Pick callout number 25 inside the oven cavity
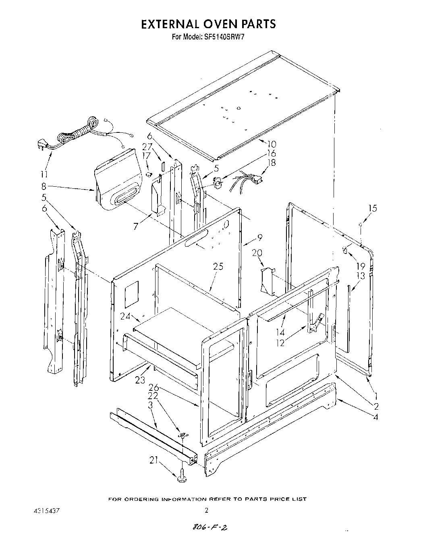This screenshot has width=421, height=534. pyautogui.click(x=218, y=266)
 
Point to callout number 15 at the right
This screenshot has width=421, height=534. pyautogui.click(x=373, y=208)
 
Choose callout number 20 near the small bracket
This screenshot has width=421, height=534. pyautogui.click(x=257, y=253)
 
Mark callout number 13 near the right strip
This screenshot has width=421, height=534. pyautogui.click(x=361, y=275)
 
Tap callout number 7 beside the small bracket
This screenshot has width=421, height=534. pyautogui.click(x=138, y=227)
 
